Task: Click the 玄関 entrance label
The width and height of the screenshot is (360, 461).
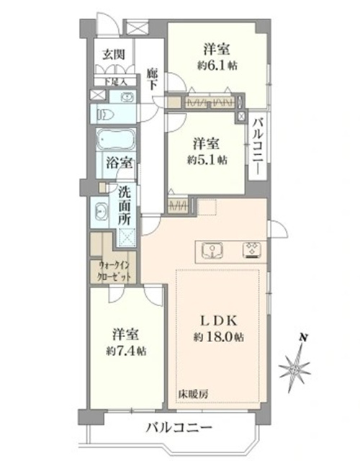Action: tap(113, 55)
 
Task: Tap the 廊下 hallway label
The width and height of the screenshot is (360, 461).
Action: tap(151, 79)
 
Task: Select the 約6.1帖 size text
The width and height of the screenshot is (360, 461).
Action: tap(217, 66)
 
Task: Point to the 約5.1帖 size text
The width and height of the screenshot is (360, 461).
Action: tap(207, 160)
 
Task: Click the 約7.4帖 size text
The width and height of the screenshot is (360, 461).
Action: tap(126, 351)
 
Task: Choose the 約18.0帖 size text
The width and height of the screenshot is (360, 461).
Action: tap(218, 337)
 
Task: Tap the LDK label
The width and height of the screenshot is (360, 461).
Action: tap(218, 321)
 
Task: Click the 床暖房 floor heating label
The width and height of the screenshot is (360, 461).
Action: tap(193, 394)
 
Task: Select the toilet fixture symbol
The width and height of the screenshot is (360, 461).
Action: tap(104, 114)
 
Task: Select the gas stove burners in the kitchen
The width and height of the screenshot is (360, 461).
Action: tap(253, 250)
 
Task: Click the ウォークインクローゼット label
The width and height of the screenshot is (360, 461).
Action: tap(114, 272)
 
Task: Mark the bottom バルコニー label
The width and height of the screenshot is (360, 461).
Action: tap(179, 427)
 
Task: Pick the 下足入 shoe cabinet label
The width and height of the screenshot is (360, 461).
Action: tap(114, 82)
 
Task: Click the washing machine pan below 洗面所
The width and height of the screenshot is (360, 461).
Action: tap(127, 238)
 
